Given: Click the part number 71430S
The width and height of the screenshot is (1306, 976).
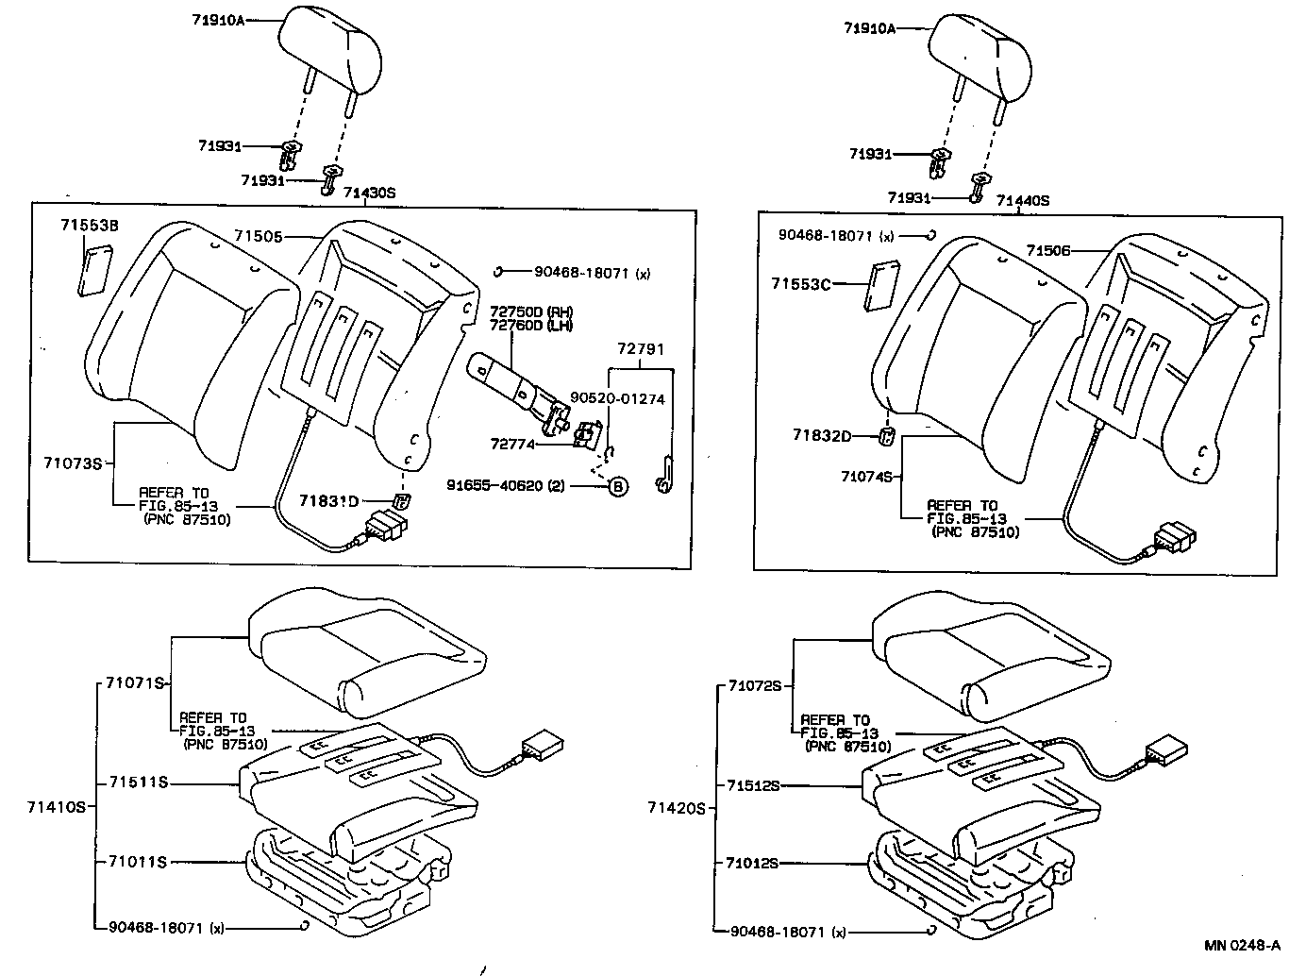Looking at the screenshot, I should (369, 193).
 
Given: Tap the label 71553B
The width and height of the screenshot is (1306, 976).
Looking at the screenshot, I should (90, 226).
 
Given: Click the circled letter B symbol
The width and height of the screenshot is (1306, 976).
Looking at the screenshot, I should (616, 486).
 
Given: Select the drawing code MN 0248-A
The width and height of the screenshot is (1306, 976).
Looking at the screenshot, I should (1242, 945).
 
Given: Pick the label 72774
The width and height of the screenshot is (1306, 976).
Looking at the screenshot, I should (512, 443).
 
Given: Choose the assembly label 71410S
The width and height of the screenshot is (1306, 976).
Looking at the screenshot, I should (57, 807).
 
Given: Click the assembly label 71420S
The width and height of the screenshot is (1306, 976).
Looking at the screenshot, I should (677, 808).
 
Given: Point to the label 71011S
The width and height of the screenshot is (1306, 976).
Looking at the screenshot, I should (137, 861).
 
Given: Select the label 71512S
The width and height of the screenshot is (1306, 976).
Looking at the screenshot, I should (753, 785).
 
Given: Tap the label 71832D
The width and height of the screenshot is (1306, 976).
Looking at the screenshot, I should (822, 435).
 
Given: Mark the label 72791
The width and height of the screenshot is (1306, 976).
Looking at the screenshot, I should (641, 349).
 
